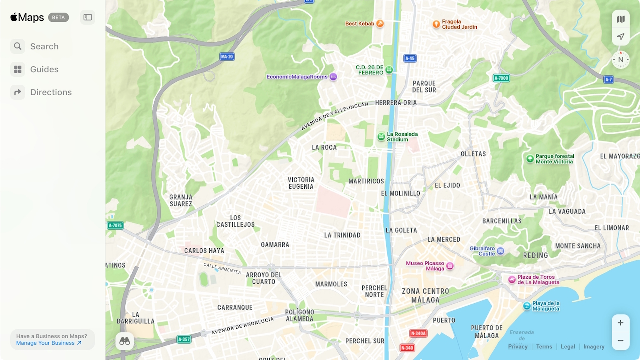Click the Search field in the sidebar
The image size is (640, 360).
(x=44, y=46)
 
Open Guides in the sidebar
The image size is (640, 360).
(x=44, y=69)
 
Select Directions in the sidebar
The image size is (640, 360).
(x=50, y=92)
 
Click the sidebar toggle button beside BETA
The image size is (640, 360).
(x=88, y=17)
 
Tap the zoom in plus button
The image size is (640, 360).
(x=620, y=323)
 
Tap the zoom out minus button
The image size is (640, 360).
(x=620, y=341)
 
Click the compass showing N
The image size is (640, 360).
(x=621, y=60)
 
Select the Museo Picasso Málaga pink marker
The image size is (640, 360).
(x=450, y=266)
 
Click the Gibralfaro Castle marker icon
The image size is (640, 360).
(x=500, y=251)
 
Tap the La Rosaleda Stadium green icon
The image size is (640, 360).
(x=381, y=137)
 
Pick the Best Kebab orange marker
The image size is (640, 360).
(x=380, y=24)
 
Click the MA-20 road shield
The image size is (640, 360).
(x=227, y=57)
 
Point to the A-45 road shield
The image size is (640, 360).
(x=410, y=58)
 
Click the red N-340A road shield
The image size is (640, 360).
(x=418, y=333)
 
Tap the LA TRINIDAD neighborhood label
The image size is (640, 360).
(x=342, y=235)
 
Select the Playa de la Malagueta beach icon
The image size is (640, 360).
(x=527, y=306)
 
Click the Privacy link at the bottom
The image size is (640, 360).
(x=518, y=347)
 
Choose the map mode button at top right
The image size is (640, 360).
(x=621, y=19)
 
